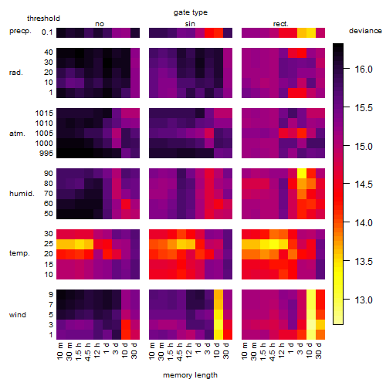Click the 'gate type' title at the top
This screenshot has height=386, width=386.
[191, 12]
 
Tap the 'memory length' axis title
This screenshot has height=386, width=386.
[190, 375]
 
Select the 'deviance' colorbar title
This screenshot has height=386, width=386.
[365, 31]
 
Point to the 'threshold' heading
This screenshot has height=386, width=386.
[43, 19]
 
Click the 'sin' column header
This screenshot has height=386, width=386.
[190, 24]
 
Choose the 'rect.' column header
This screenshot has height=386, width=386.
[281, 24]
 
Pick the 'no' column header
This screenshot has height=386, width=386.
[100, 24]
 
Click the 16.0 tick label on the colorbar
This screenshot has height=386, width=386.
[364, 69]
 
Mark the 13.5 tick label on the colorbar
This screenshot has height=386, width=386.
[364, 262]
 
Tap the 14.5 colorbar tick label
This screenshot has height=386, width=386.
[364, 185]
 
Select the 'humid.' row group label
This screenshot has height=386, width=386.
[22, 194]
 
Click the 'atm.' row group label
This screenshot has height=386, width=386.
[17, 134]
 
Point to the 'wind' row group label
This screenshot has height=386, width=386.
[18, 315]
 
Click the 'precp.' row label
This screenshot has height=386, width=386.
[20, 31]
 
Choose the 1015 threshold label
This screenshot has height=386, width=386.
[44, 113]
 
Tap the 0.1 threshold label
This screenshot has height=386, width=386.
[47, 32]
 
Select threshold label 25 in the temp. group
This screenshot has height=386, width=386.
[49, 244]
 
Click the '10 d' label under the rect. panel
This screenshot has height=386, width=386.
[310, 351]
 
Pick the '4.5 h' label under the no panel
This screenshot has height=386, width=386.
[87, 351]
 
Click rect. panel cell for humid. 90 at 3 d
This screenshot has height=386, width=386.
[302, 174]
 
